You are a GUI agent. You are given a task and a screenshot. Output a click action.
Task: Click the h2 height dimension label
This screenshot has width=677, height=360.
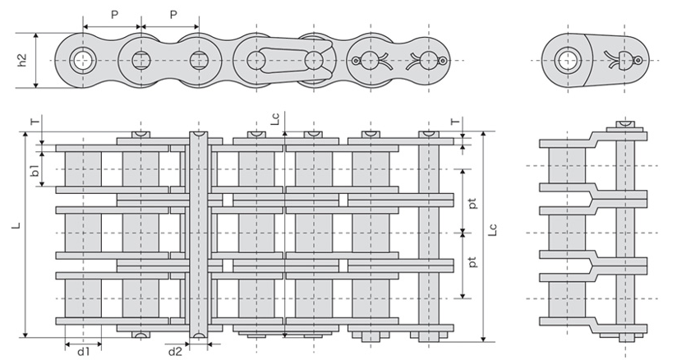22,61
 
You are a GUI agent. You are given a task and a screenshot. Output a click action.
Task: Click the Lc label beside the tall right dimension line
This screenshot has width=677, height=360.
492,233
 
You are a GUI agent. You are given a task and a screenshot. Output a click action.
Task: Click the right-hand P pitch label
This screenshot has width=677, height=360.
173,15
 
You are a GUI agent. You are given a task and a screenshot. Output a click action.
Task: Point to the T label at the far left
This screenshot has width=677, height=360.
34,120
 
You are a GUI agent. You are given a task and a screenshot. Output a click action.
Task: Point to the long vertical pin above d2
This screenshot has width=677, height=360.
198,230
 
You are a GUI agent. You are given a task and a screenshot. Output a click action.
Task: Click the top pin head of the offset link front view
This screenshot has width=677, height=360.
625,125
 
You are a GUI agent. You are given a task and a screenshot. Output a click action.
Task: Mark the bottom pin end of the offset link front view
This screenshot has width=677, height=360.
625,337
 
